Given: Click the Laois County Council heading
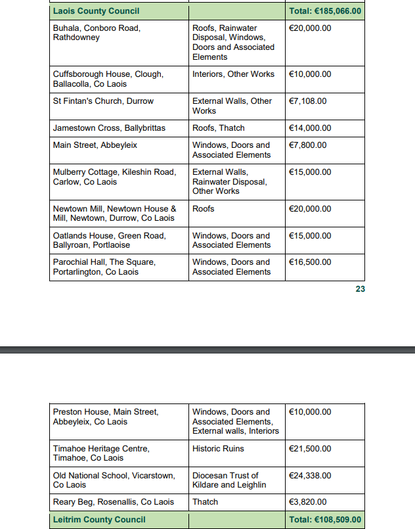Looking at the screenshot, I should [96, 11].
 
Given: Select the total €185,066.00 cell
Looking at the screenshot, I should [325, 11].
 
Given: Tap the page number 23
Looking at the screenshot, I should [360, 288].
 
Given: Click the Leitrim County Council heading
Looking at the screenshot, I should [99, 520].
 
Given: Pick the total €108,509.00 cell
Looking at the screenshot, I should [325, 520].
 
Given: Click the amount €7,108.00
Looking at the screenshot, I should [308, 101].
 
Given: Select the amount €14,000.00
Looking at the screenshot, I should [310, 128].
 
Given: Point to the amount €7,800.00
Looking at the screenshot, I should [308, 145].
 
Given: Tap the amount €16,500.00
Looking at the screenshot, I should [310, 262].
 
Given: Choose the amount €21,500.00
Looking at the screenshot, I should [310, 449].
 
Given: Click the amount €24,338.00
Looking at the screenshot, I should [310, 475].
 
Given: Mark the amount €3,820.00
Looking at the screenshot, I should [308, 502].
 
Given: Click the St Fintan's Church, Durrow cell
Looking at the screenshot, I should [103, 101].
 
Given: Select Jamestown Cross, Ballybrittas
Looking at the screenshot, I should [109, 128].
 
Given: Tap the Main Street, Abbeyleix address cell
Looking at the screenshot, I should [95, 145].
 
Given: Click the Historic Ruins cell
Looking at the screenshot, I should [218, 449].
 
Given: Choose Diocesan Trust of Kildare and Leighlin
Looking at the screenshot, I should [229, 480].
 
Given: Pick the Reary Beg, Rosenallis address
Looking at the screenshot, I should [114, 502].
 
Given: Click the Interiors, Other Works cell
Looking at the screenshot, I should [233, 74].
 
